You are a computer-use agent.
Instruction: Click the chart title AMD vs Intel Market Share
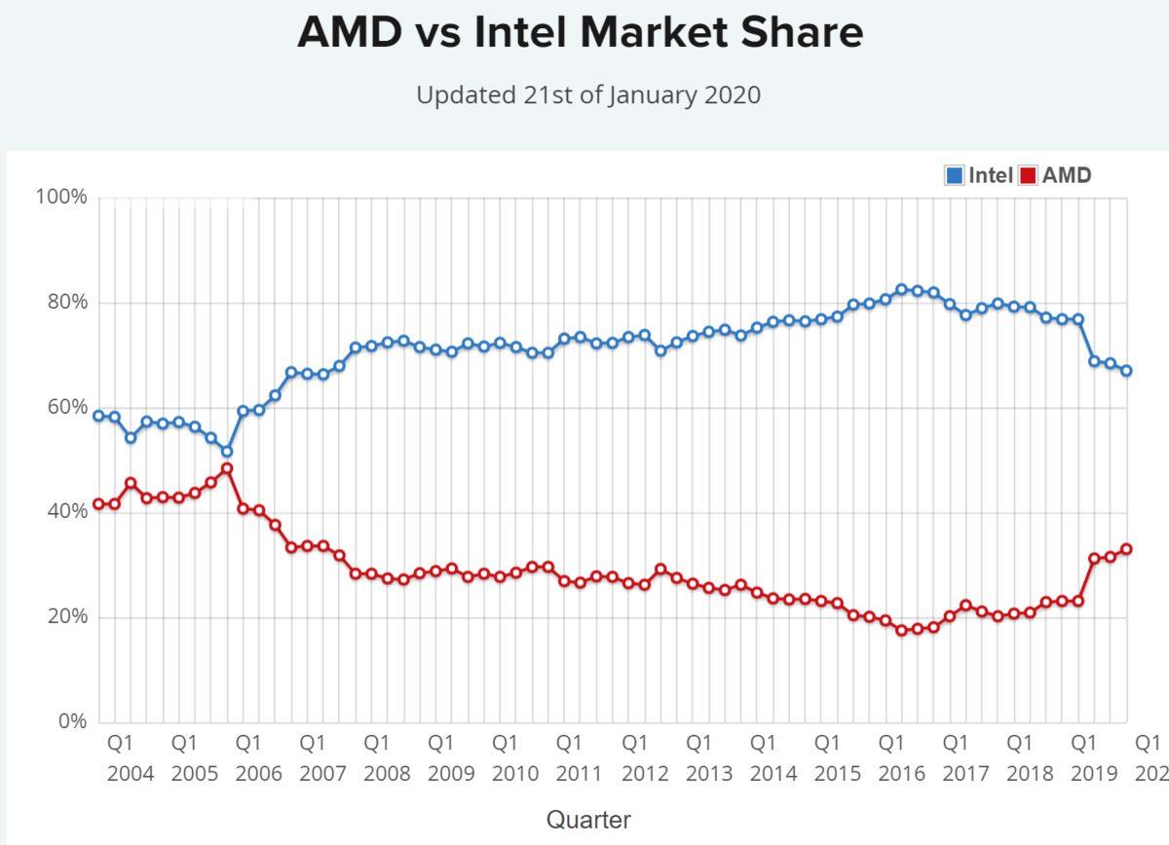(580, 33)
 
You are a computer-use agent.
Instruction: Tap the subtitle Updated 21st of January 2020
(588, 95)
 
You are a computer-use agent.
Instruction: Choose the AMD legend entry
(1055, 175)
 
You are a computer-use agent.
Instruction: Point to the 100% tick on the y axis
(61, 198)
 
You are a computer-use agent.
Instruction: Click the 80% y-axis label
(66, 303)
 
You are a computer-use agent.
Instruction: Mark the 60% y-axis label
(66, 407)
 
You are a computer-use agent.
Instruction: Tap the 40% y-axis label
(66, 512)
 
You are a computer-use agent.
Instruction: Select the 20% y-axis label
(66, 617)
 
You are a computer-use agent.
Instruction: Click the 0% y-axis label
(71, 722)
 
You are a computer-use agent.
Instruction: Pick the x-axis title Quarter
(588, 819)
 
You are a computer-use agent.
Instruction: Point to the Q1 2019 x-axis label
(1083, 758)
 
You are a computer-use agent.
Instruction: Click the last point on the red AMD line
(1126, 549)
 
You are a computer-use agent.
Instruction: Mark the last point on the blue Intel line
(1126, 371)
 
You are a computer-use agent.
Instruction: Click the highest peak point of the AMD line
(227, 468)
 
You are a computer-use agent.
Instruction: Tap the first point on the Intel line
(98, 416)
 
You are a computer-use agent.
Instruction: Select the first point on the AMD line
(98, 504)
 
